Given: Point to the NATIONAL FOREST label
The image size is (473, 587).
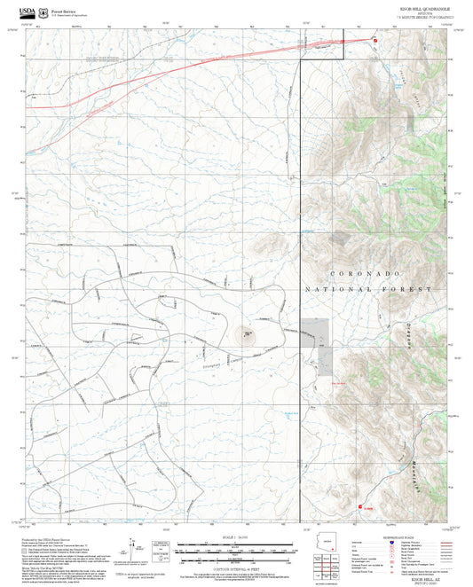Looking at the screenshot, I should [368, 289].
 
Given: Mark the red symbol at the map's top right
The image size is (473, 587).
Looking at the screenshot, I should [375, 40].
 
